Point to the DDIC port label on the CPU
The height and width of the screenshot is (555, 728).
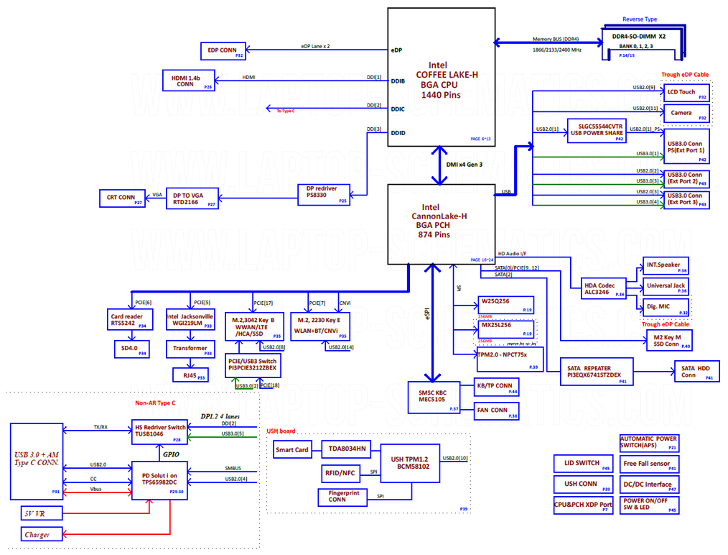tap(398, 109)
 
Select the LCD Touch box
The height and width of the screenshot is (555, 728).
tap(686, 93)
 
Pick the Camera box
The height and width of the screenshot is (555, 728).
tap(686, 114)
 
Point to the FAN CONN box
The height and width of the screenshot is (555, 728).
tap(497, 411)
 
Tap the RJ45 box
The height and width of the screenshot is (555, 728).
tap(190, 375)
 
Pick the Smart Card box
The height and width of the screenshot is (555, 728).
tap(292, 451)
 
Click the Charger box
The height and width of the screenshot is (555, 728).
tap(42, 534)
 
